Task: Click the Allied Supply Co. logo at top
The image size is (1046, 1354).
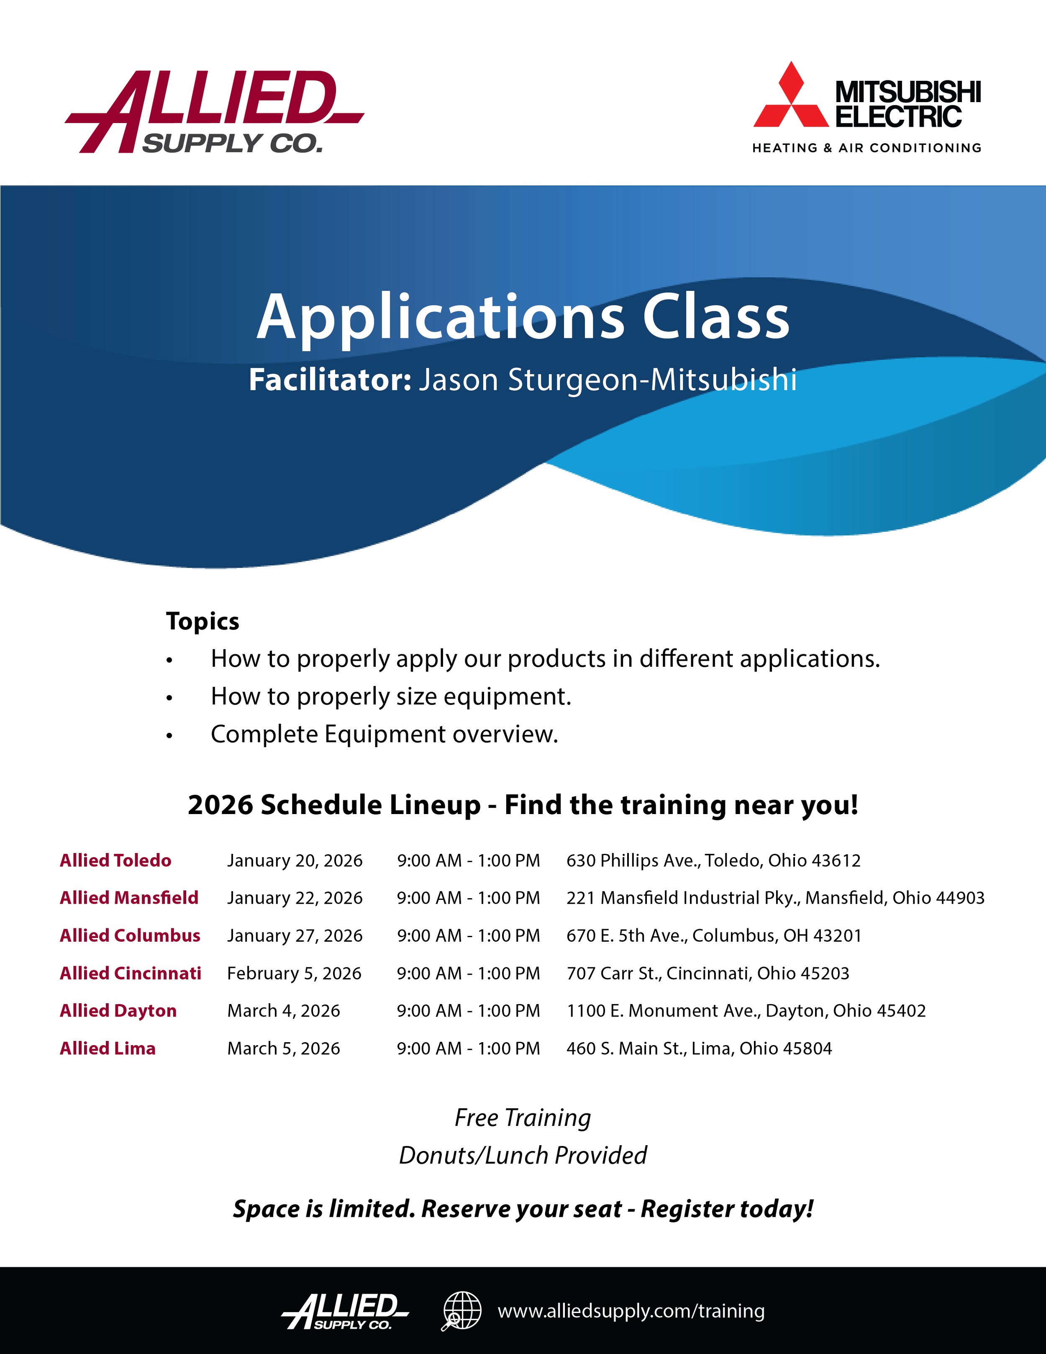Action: [x=214, y=112]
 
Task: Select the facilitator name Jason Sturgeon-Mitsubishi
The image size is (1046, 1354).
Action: [x=607, y=380]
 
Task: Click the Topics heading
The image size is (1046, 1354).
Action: [x=203, y=621]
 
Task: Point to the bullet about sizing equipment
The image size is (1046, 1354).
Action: [x=390, y=696]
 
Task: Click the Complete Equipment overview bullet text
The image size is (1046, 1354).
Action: [x=384, y=734]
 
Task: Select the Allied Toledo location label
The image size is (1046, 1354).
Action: [x=115, y=861]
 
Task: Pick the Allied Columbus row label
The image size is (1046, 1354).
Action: [x=130, y=935]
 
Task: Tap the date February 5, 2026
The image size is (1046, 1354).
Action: [x=294, y=974]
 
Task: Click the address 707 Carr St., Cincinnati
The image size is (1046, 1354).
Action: [x=708, y=974]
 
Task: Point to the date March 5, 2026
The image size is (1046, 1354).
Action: [x=283, y=1048]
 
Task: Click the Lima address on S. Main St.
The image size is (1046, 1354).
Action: [x=699, y=1048]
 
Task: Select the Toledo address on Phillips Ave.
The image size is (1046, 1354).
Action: [x=713, y=861]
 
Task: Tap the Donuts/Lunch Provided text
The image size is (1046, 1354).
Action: [x=523, y=1156]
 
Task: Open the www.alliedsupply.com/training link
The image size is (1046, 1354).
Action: [x=631, y=1311]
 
